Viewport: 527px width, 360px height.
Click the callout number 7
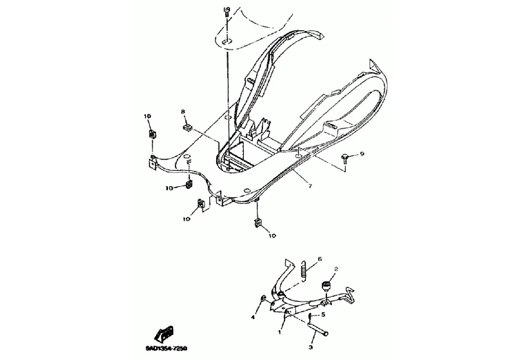310,186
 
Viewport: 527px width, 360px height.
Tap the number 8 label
183,112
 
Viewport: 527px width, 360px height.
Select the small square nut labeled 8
187,128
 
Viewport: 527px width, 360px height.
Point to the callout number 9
362,154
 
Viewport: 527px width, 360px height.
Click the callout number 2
336,269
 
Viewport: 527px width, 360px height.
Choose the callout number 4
253,318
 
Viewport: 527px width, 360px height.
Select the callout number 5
323,314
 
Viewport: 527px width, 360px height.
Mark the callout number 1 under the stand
279,332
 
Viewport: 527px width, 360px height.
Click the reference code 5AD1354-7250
166,348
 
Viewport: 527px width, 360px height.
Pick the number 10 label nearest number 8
147,116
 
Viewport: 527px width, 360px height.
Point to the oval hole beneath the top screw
227,42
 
